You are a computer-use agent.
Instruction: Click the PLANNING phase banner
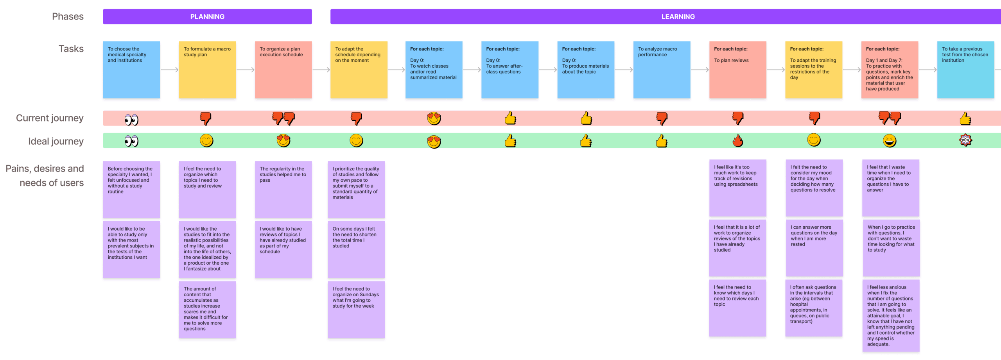click(207, 17)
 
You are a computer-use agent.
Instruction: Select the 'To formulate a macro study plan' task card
click(207, 70)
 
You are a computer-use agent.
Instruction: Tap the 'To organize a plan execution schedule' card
click(283, 70)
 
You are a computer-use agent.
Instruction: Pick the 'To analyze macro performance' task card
click(662, 70)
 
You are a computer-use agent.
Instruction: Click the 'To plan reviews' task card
click(737, 70)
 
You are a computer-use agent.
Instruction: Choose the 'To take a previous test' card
click(965, 70)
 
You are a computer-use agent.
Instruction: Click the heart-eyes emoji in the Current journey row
click(434, 118)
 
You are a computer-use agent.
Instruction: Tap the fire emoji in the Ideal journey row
click(738, 140)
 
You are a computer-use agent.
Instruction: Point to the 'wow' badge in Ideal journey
click(965, 140)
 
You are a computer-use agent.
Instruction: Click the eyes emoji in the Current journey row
click(131, 119)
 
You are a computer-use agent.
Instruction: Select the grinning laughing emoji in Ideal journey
click(890, 140)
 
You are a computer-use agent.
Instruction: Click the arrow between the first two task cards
click(169, 70)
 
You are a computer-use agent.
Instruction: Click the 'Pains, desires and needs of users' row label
click(45, 176)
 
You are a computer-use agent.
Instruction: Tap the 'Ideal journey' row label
click(56, 141)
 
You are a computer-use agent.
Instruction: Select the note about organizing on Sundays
click(356, 309)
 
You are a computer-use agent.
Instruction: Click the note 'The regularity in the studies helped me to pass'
click(283, 189)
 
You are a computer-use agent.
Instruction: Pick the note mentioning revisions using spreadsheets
click(737, 188)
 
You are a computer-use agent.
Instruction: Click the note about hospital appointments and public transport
click(813, 308)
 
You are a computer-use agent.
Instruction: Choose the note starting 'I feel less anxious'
click(891, 315)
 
